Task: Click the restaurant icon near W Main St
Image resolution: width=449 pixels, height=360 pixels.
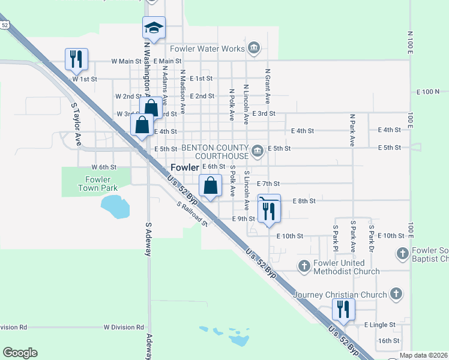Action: (77, 59)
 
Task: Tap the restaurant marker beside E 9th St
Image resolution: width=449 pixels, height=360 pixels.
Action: (269, 210)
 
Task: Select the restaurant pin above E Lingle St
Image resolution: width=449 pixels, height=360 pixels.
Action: (343, 310)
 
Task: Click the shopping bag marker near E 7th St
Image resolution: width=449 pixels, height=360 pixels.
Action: (210, 186)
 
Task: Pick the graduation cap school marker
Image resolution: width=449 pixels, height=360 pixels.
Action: (154, 28)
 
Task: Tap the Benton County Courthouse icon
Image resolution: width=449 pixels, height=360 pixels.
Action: (257, 151)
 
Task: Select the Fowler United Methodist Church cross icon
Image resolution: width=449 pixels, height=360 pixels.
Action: (304, 265)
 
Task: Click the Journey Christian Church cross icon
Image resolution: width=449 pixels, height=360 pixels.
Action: (395, 293)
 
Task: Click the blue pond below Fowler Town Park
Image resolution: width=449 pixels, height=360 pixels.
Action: (115, 206)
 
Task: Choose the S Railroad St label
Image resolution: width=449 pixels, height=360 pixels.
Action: (191, 214)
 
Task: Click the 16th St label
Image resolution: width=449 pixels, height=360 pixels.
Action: (388, 341)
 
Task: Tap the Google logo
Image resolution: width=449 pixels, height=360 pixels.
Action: (20, 353)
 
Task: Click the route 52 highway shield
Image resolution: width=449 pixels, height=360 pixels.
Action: (5, 25)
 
